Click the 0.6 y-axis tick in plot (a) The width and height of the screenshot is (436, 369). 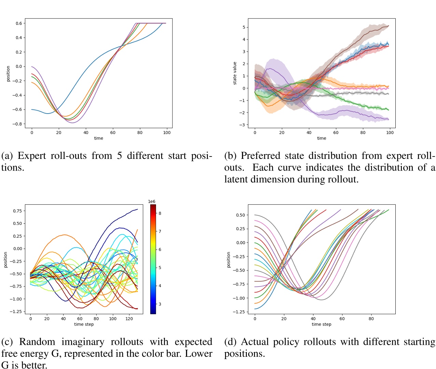tap(18, 23)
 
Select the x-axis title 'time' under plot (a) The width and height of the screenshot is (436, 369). tap(98, 138)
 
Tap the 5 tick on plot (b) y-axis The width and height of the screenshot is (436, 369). tap(244, 27)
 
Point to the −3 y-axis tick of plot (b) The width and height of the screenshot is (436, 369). tap(242, 125)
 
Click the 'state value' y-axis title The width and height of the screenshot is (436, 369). tap(235, 73)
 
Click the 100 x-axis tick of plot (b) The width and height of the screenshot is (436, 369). tap(390, 133)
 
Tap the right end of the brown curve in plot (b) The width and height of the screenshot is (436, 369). tap(389, 26)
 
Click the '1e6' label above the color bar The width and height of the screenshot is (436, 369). tap(152, 202)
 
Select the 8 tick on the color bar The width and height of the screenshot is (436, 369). tap(160, 213)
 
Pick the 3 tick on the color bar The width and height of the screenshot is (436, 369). tap(160, 304)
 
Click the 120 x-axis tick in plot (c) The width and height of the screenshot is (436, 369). tap(129, 319)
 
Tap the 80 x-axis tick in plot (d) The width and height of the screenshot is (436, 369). tap(371, 319)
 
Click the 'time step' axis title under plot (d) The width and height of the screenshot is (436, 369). tap(321, 324)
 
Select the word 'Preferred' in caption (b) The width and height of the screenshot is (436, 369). tap(261, 156)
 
